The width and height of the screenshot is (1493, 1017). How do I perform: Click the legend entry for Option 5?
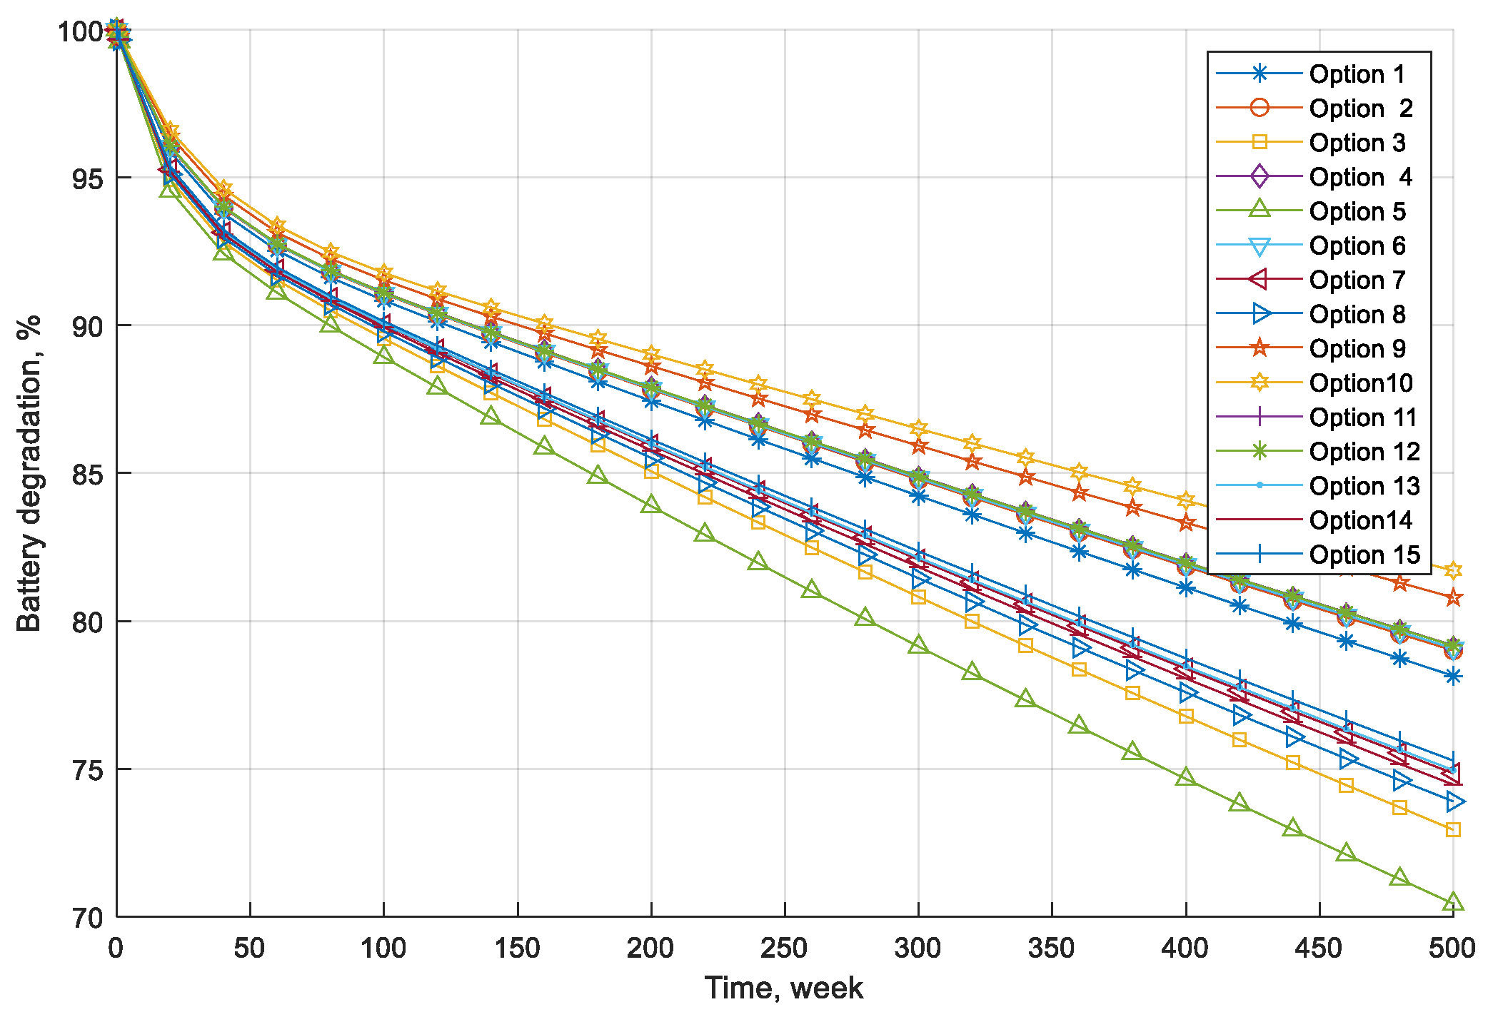[1357, 211]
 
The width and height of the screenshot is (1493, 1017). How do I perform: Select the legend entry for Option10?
[1360, 383]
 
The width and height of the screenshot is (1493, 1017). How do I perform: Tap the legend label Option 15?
[1364, 555]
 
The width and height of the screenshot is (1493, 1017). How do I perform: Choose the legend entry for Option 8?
[1357, 315]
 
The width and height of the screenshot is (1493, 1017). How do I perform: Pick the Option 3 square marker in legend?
[1260, 142]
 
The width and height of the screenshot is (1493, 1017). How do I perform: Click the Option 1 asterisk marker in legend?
[1260, 74]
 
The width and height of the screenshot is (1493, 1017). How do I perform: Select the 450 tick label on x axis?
[1319, 948]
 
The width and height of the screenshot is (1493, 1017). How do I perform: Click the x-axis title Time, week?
[784, 988]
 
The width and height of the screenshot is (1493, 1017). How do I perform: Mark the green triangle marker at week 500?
[1452, 903]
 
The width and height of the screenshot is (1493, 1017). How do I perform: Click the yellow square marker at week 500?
[1452, 829]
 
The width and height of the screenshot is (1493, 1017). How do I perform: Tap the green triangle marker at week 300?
[918, 645]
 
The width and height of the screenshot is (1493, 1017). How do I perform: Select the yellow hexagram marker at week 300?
[918, 428]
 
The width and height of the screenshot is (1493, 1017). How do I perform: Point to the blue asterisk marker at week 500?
[1452, 676]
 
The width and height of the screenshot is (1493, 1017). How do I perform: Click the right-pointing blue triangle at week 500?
[1454, 801]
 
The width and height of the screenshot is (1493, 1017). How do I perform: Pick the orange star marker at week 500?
[1452, 598]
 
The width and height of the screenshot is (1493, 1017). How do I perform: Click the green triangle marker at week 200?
[650, 505]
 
